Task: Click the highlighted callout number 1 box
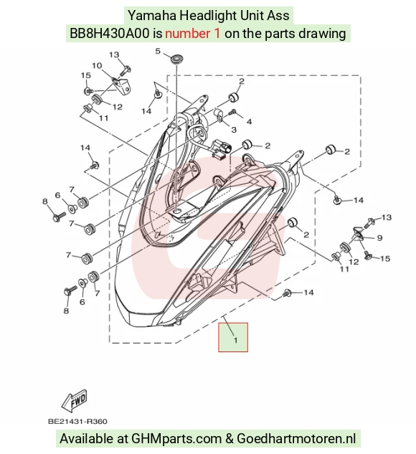[233, 337]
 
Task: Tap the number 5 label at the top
[158, 51]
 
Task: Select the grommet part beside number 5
[175, 60]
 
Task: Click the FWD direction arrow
[75, 402]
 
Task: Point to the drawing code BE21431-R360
[77, 421]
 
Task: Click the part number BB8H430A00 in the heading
[110, 33]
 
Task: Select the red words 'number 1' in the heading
[192, 33]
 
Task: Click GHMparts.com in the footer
[176, 439]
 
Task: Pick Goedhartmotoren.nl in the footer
[296, 438]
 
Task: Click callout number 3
[234, 129]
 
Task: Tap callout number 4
[249, 121]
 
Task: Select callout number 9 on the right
[380, 238]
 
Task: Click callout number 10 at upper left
[97, 66]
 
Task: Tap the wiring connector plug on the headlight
[222, 148]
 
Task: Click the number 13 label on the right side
[387, 217]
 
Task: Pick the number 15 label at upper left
[85, 75]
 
